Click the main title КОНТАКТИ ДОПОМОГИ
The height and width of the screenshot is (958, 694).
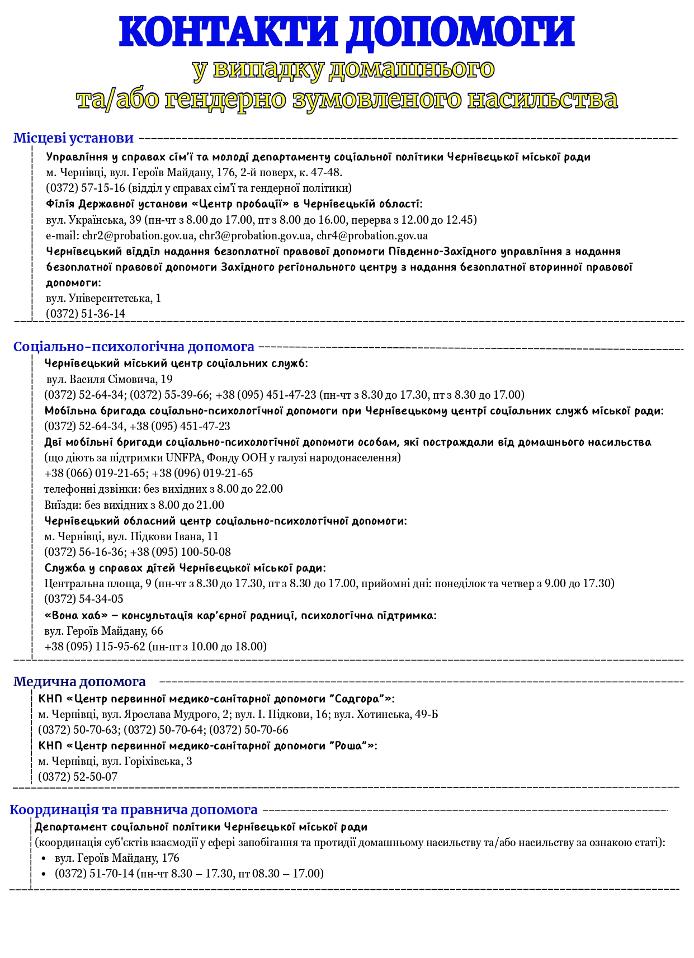click(347, 32)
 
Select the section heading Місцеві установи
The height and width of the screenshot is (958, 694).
click(73, 138)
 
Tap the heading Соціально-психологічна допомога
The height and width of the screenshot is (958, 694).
click(134, 347)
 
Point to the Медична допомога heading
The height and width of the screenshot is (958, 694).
click(79, 682)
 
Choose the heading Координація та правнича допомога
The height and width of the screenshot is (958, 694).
click(134, 810)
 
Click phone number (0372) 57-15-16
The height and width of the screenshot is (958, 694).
click(86, 188)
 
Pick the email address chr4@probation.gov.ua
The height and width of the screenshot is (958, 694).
click(372, 235)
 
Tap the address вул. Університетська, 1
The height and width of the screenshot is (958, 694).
click(103, 298)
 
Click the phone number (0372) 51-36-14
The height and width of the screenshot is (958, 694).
click(86, 314)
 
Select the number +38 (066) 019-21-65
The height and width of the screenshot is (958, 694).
click(95, 473)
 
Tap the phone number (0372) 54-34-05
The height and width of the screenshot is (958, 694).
click(84, 599)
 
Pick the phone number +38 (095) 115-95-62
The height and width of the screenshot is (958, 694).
click(95, 646)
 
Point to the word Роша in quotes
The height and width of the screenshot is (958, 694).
click(350, 745)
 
